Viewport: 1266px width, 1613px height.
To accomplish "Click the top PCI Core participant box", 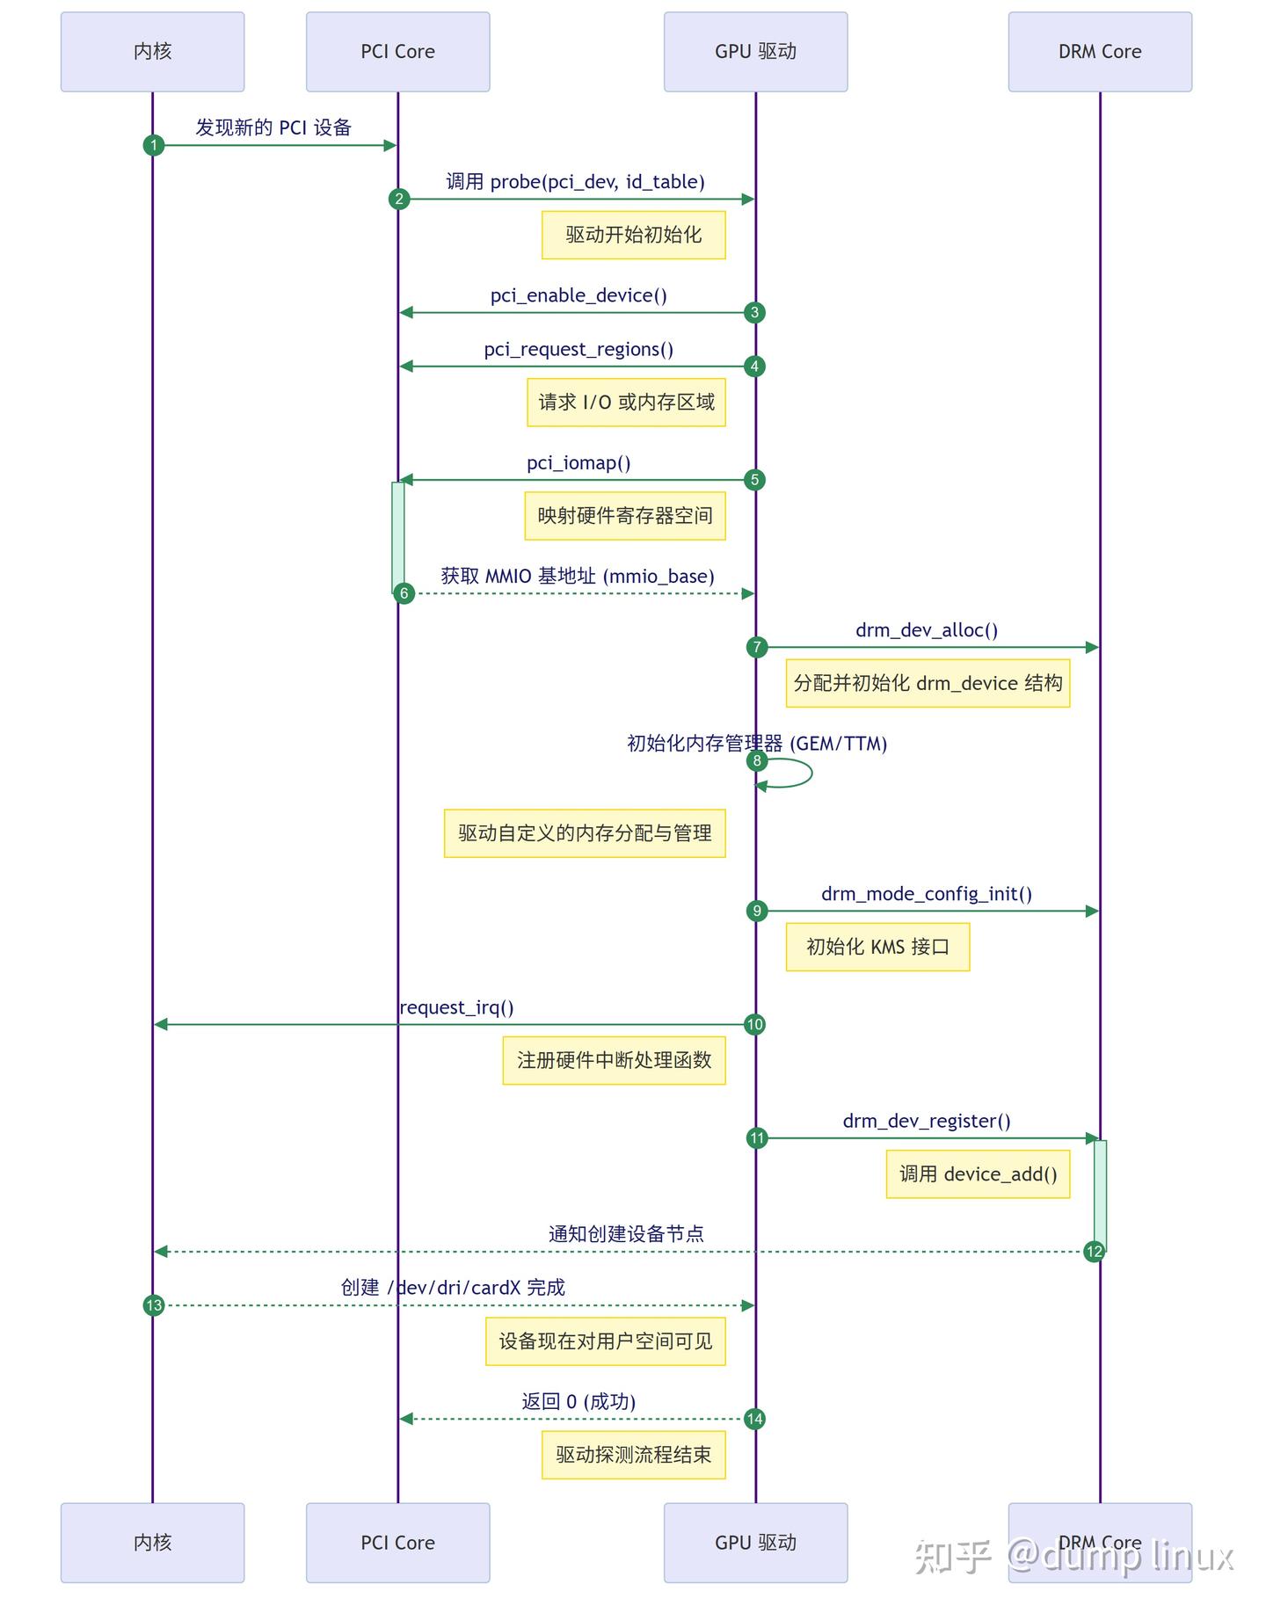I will click(x=397, y=52).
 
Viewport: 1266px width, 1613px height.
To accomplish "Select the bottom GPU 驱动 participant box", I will click(x=755, y=1542).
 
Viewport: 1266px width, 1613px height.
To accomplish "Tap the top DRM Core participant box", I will click(x=1099, y=52).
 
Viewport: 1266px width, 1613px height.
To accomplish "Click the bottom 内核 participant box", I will click(x=152, y=1542).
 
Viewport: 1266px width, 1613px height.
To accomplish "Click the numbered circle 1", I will click(x=154, y=145).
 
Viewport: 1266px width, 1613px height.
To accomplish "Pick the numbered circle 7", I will click(x=757, y=648).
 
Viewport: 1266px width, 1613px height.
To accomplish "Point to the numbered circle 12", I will click(x=1094, y=1252).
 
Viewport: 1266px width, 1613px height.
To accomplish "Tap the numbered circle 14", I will click(x=754, y=1419).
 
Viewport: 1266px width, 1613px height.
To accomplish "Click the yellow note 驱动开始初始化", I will click(x=633, y=235).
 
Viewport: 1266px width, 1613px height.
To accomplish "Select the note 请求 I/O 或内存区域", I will click(x=626, y=403).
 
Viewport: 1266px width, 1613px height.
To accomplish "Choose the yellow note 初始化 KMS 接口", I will click(x=877, y=947).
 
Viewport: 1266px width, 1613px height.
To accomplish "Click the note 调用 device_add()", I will click(x=978, y=1174).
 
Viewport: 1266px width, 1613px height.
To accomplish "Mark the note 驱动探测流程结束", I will click(x=633, y=1455).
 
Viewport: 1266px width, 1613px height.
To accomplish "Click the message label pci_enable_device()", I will click(x=578, y=295).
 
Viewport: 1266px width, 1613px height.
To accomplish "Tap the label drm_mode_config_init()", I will click(x=926, y=894).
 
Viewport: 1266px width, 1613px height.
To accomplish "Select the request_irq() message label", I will click(x=456, y=1007).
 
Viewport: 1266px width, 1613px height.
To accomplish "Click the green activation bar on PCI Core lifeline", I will click(x=398, y=536).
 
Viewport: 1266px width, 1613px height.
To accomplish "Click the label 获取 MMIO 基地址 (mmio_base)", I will click(x=578, y=577).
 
